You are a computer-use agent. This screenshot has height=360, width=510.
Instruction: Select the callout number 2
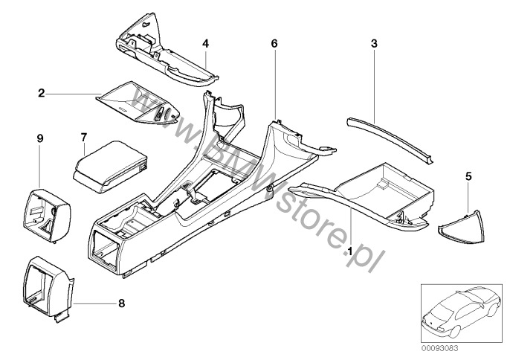42,93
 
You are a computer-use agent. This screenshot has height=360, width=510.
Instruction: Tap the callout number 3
374,44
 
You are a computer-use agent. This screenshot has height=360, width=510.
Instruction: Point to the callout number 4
206,44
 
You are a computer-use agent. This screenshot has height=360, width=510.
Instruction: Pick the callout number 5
467,176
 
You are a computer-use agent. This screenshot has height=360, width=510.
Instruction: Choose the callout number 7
84,137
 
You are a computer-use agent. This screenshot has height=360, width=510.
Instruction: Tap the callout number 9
40,138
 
